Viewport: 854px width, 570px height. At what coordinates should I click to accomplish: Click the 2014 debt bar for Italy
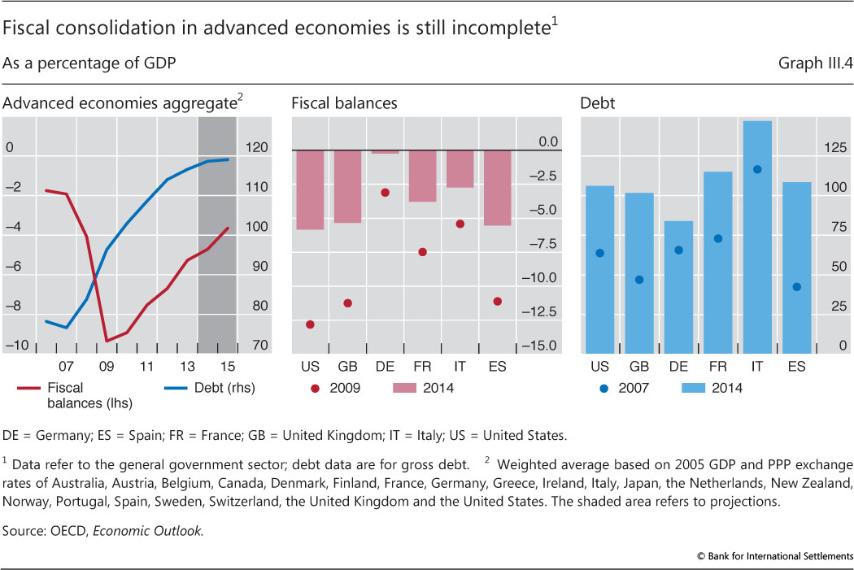pyautogui.click(x=757, y=236)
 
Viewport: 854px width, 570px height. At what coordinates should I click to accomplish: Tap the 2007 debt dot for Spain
pyautogui.click(x=797, y=286)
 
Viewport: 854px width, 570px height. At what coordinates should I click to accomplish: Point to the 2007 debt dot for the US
pyautogui.click(x=599, y=253)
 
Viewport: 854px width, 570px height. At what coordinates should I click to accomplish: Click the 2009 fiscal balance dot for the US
pyautogui.click(x=310, y=324)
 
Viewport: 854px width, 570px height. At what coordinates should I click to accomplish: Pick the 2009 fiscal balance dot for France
pyautogui.click(x=423, y=252)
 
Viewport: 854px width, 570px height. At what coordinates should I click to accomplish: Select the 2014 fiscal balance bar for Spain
pyautogui.click(x=498, y=187)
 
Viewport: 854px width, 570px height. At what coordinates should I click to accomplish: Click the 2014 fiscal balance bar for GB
pyautogui.click(x=347, y=185)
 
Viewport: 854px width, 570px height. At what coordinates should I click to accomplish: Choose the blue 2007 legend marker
pyautogui.click(x=603, y=388)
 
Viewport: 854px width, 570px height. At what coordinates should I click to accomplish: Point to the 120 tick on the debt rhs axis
pyautogui.click(x=258, y=148)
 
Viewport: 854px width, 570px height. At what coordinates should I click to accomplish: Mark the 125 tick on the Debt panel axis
pyautogui.click(x=832, y=148)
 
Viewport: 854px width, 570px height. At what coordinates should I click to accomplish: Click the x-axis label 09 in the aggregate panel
pyautogui.click(x=107, y=367)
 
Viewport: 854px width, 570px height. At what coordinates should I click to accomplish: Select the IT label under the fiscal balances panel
pyautogui.click(x=460, y=367)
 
